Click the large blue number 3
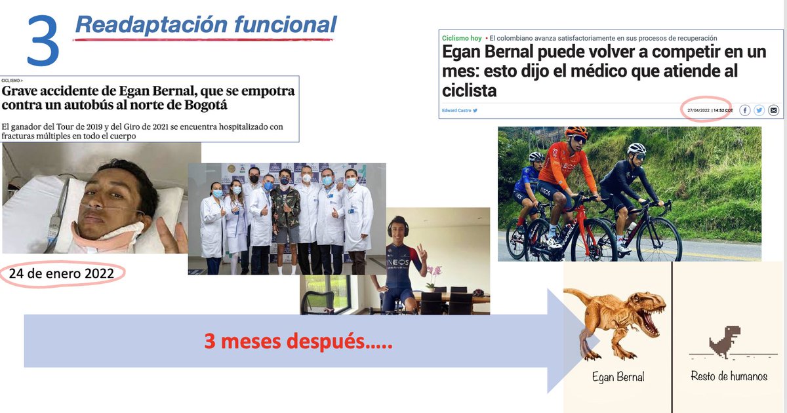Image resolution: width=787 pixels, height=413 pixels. coord(44,41)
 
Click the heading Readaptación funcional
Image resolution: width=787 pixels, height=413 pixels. coord(205,25)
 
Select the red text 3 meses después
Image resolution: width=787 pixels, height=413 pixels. coord(298,341)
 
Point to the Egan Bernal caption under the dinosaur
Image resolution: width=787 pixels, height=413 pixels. coord(618,377)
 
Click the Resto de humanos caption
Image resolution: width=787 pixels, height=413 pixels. coord(729,376)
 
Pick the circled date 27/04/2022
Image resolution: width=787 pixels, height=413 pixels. coord(698,110)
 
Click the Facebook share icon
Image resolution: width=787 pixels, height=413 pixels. coord(745,110)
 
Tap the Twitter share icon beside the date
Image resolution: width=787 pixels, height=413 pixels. coord(759,110)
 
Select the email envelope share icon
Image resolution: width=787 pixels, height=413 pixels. coord(773,110)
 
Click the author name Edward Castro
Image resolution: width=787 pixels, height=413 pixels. coord(458,110)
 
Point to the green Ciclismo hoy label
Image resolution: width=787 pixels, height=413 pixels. coord(462,39)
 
